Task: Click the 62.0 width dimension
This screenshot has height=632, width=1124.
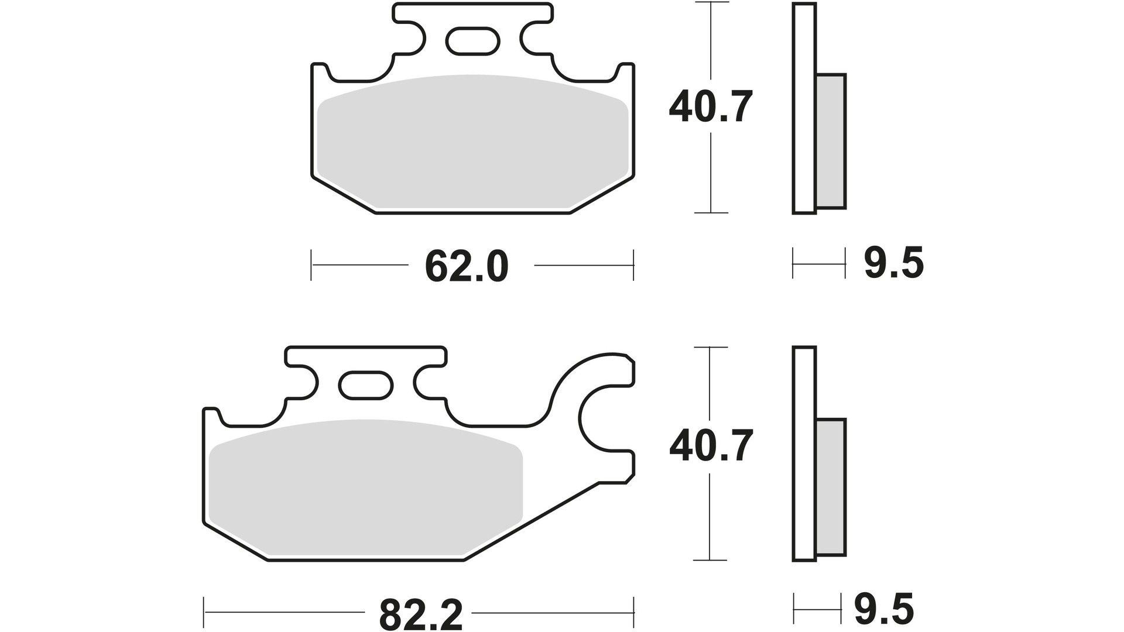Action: [467, 266]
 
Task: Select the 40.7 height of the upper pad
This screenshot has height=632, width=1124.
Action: [710, 107]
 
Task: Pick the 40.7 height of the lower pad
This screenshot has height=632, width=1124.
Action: [710, 446]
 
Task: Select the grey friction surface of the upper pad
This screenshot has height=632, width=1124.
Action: [472, 142]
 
